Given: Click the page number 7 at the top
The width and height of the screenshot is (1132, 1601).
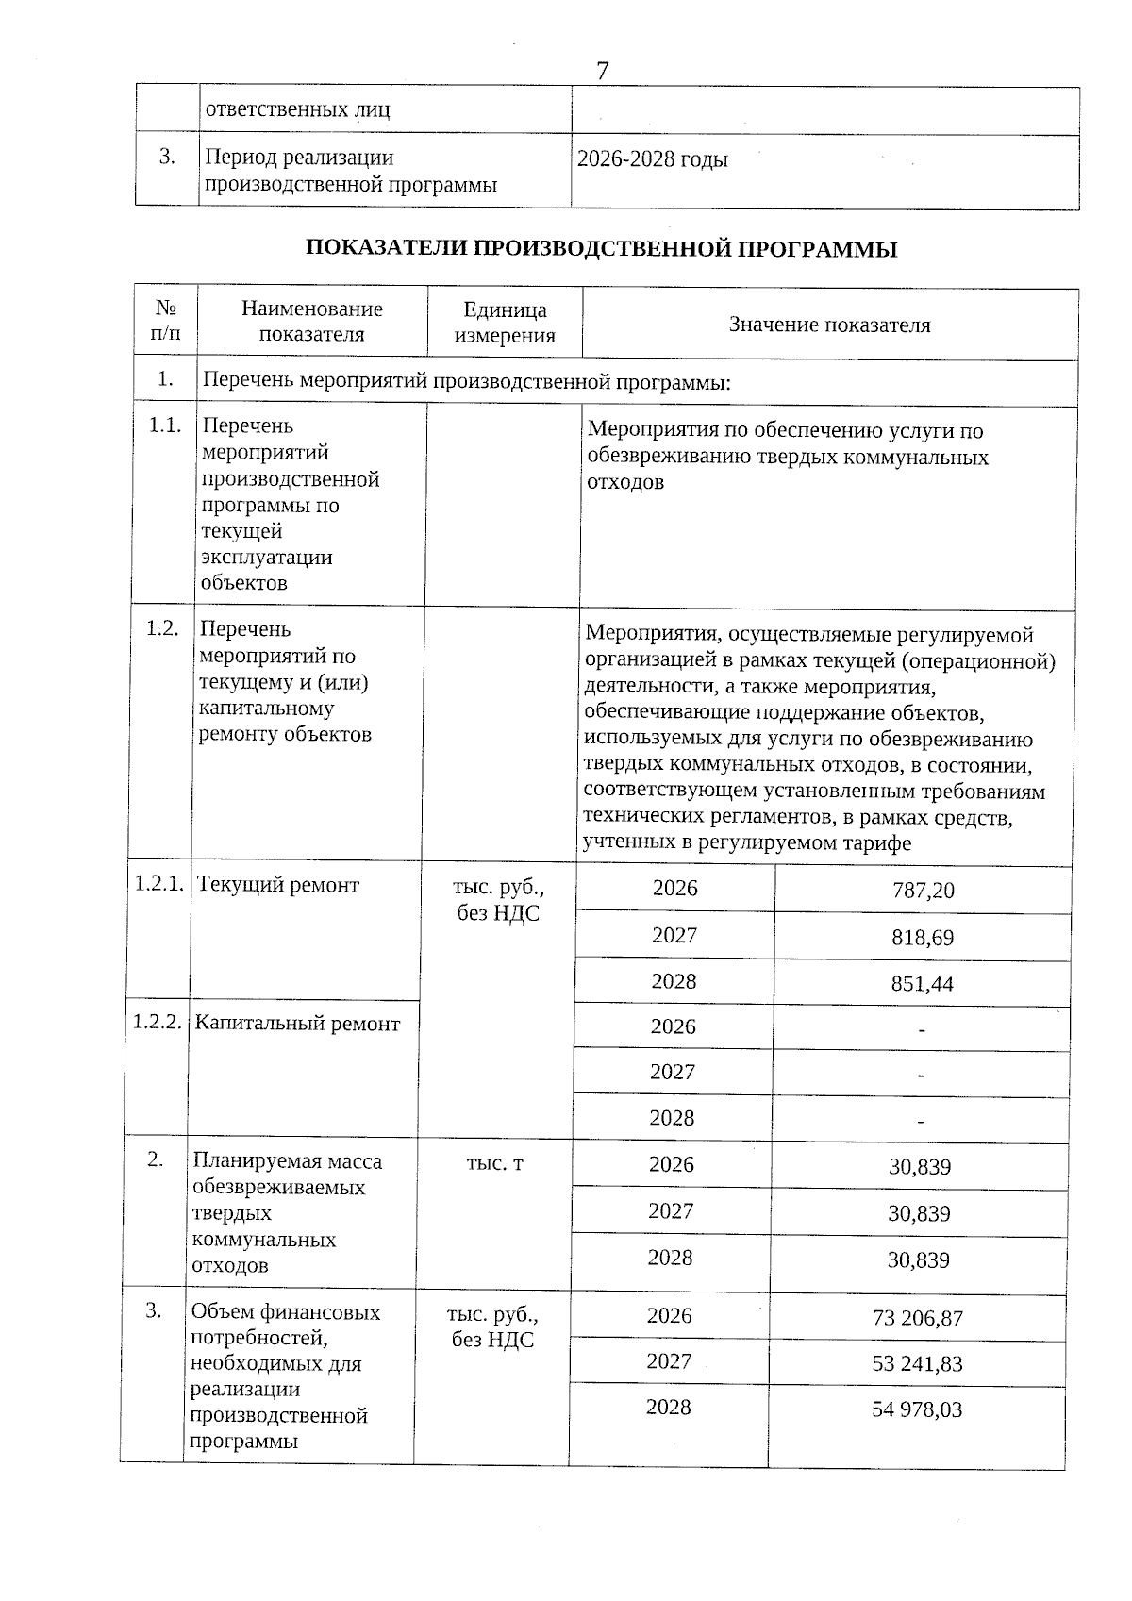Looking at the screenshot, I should click(602, 71).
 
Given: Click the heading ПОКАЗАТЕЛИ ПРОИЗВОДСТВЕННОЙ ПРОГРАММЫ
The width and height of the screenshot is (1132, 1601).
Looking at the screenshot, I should click(601, 249).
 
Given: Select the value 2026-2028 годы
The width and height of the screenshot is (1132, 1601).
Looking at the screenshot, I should click(653, 159).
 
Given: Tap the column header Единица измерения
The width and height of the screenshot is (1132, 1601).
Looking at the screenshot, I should click(505, 323).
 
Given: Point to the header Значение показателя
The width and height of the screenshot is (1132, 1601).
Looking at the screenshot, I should click(829, 325).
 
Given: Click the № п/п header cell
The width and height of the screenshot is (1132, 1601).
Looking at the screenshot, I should click(166, 321).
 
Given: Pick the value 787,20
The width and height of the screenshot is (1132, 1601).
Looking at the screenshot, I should click(923, 891).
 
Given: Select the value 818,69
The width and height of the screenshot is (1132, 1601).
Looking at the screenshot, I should click(922, 938).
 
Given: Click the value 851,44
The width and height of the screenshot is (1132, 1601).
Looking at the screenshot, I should click(922, 984).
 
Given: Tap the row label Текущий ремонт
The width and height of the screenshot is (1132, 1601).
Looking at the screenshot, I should click(278, 885).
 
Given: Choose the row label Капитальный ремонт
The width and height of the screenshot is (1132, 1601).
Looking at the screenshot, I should click(297, 1024).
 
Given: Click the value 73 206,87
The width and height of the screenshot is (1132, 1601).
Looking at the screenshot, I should click(918, 1318).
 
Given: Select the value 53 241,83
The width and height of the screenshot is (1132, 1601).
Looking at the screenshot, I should click(917, 1364).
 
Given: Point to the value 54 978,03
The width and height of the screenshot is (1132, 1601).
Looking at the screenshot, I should click(917, 1409).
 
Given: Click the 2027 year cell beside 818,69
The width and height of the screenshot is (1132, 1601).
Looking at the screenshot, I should click(674, 935).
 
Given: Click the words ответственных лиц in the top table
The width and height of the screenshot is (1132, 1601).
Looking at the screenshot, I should click(297, 109).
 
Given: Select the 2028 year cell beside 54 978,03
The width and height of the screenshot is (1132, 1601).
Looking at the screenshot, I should click(668, 1408).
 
